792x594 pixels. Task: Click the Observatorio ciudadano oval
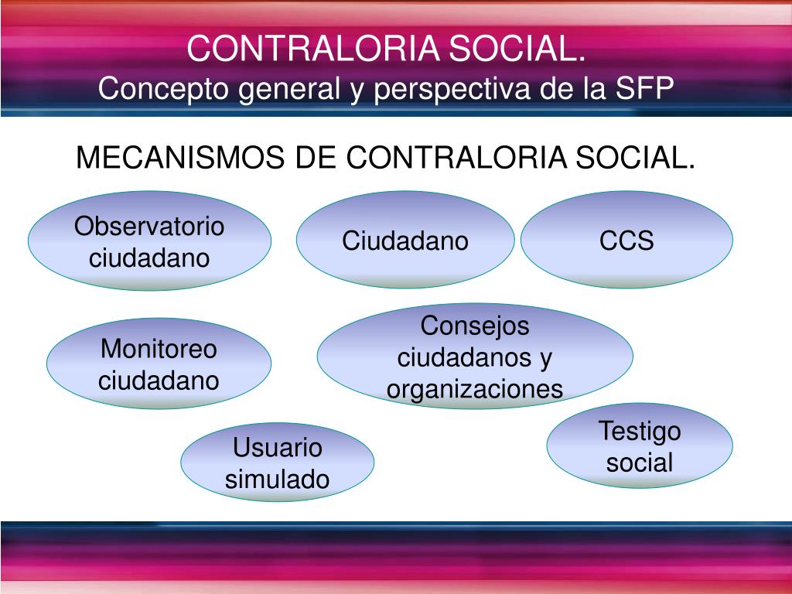(x=149, y=241)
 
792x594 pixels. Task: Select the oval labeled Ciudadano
(x=405, y=241)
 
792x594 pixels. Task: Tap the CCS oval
(x=626, y=241)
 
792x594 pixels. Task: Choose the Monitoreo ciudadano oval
(x=159, y=364)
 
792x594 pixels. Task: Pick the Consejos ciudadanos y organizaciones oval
(x=475, y=357)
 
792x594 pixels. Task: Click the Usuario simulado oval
(x=277, y=463)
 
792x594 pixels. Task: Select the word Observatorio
(x=149, y=227)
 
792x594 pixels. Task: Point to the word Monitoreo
(x=159, y=349)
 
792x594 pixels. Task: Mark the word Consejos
(x=475, y=326)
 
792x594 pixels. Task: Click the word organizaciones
(x=475, y=388)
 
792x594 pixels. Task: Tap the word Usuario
(x=277, y=447)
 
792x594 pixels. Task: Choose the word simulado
(x=277, y=479)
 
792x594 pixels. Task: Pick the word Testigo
(x=639, y=430)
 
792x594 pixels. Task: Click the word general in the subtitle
(x=287, y=89)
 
